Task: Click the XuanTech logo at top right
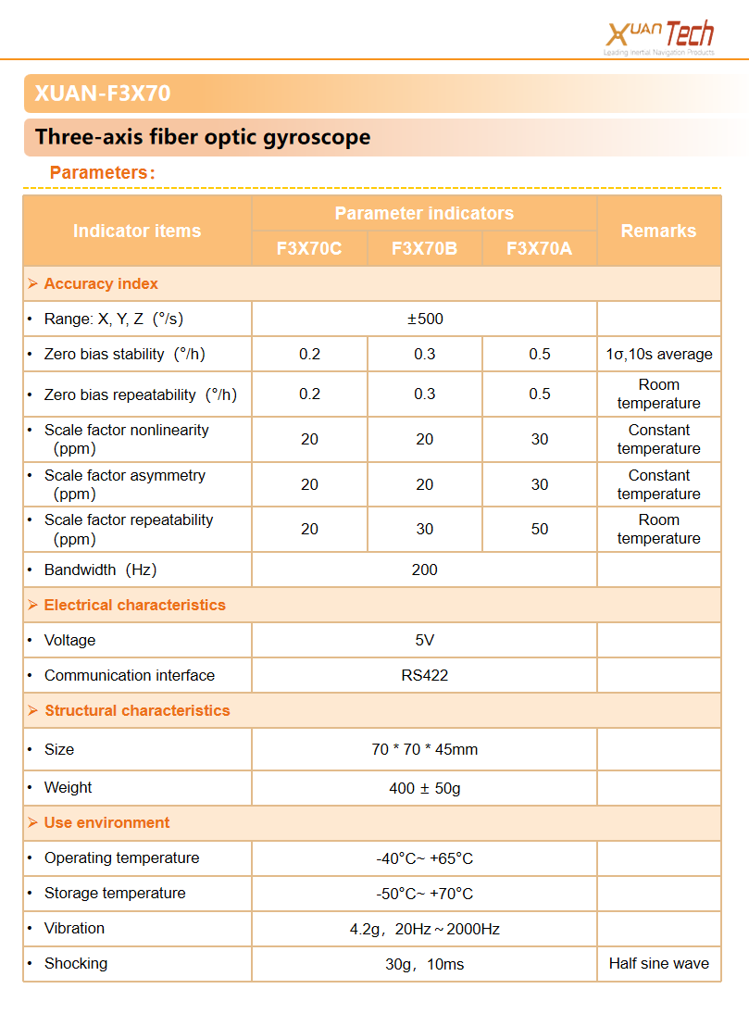tap(659, 38)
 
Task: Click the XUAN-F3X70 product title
tap(103, 94)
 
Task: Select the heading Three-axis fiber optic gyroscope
tap(203, 137)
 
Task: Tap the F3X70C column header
tap(309, 248)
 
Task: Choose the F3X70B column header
tap(424, 248)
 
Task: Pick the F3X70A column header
tap(540, 248)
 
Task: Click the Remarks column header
tap(658, 231)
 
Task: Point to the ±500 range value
tap(425, 319)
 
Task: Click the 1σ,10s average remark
tap(658, 354)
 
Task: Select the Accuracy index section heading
tap(101, 283)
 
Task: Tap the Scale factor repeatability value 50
tap(540, 529)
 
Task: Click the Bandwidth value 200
tap(425, 570)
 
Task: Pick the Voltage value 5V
tap(425, 640)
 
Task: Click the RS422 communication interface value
tap(425, 675)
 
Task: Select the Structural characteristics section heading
tap(137, 710)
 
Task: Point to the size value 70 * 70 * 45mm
tap(425, 749)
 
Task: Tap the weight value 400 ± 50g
tap(425, 788)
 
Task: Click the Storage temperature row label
tap(115, 893)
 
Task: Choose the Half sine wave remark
tap(658, 963)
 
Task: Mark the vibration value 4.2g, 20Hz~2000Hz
tap(425, 929)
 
